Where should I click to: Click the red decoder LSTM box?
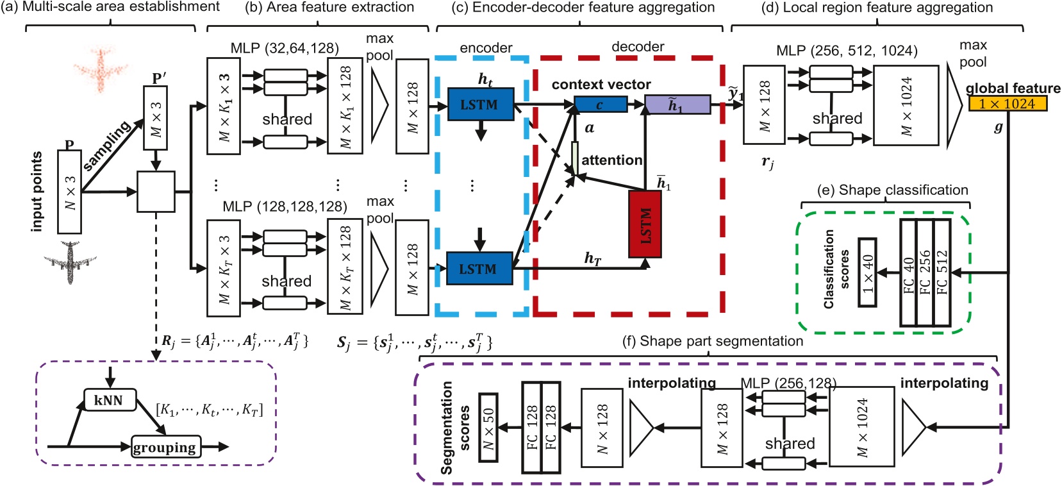tap(645, 224)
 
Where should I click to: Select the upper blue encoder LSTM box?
tap(480, 104)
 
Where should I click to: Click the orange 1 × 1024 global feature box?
tap(1007, 103)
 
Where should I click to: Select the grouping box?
tap(165, 447)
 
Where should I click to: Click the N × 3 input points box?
tap(69, 192)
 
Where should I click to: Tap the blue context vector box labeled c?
tap(600, 104)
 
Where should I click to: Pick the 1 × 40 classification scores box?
tap(867, 272)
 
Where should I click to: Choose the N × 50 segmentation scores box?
tap(488, 428)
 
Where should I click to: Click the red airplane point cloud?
tap(101, 67)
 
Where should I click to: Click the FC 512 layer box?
tap(942, 272)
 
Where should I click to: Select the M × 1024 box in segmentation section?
tap(861, 426)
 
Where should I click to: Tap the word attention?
tap(611, 160)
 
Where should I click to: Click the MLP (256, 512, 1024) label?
tap(846, 51)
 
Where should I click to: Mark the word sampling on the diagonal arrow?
tap(108, 146)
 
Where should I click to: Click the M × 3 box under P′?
tap(155, 119)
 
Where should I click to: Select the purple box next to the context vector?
tap(677, 104)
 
